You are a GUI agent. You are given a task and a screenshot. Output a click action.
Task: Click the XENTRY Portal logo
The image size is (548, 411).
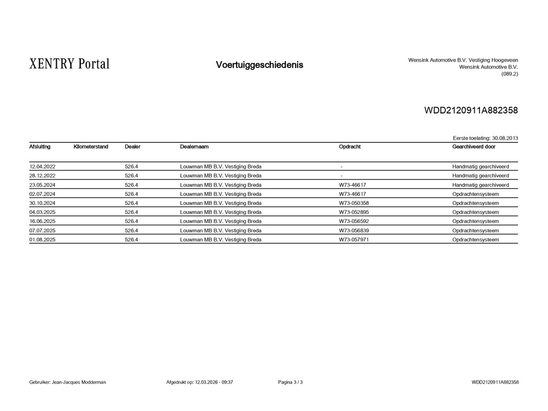point(70,65)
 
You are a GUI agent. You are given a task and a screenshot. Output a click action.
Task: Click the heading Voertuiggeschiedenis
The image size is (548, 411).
point(259,65)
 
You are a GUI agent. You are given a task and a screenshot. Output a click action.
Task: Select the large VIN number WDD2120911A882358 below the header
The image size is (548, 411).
point(471,111)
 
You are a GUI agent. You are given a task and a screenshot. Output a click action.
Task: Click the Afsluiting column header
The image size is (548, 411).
point(40,147)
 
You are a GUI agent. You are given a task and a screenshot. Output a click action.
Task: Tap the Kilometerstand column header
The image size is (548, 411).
point(91,147)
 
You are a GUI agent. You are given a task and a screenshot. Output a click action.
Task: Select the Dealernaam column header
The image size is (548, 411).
point(194,147)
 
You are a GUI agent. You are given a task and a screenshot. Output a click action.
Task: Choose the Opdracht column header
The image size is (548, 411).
point(349,147)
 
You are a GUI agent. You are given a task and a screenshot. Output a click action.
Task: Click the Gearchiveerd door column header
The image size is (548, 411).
point(474,147)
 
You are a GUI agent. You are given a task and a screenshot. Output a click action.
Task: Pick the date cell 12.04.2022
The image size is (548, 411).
point(42,166)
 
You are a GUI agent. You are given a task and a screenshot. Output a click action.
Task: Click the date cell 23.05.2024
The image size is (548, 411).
point(42,185)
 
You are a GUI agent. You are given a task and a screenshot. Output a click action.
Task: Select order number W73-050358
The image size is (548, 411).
point(354,203)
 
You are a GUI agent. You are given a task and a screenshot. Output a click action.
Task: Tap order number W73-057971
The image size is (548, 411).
point(354,240)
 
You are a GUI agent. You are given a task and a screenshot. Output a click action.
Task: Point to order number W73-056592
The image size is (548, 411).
point(354,222)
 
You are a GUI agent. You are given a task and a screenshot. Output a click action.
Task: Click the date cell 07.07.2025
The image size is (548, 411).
point(42,231)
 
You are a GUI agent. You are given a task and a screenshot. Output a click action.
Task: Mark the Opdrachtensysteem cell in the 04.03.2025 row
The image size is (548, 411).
point(475,212)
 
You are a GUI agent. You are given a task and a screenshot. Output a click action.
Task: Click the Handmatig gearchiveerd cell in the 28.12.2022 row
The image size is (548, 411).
point(481,176)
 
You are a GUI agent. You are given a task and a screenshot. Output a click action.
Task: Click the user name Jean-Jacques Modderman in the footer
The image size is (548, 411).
point(79,382)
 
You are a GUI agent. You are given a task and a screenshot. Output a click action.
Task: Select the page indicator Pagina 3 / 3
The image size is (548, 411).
point(291,382)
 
